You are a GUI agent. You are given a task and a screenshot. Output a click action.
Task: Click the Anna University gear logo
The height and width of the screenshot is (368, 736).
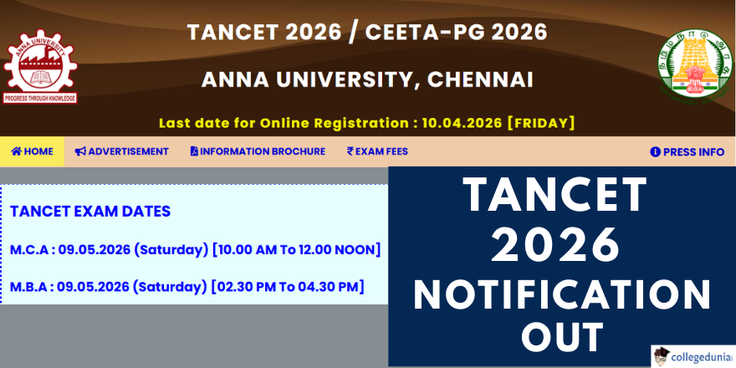pyautogui.click(x=40, y=67)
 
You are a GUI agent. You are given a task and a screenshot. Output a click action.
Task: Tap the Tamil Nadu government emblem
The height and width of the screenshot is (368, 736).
pyautogui.click(x=695, y=64)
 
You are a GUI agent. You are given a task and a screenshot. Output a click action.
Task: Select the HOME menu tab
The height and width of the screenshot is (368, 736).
pyautogui.click(x=32, y=151)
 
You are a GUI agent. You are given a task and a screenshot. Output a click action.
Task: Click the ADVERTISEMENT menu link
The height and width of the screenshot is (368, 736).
pyautogui.click(x=121, y=151)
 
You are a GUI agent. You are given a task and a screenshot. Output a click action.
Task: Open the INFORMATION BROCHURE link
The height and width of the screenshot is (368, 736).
pyautogui.click(x=258, y=151)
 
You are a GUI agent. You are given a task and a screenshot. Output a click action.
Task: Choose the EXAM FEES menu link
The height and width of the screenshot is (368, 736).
pyautogui.click(x=377, y=151)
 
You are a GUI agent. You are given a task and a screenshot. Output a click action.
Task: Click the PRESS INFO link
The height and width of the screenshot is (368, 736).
pyautogui.click(x=687, y=152)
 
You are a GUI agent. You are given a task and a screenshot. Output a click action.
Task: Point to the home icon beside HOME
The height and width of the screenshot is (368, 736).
pyautogui.click(x=17, y=151)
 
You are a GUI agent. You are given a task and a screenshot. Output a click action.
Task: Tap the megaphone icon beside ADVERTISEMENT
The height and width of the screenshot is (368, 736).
pyautogui.click(x=80, y=151)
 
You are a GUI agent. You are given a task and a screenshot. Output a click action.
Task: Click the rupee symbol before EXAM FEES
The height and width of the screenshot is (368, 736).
pyautogui.click(x=350, y=151)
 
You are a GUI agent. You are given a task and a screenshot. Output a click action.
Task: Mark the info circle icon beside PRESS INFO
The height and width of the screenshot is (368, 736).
pyautogui.click(x=655, y=152)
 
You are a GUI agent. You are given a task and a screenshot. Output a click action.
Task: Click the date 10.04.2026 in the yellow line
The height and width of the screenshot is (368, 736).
pyautogui.click(x=463, y=124)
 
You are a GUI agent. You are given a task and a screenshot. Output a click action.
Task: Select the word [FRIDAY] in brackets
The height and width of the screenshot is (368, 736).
pyautogui.click(x=542, y=124)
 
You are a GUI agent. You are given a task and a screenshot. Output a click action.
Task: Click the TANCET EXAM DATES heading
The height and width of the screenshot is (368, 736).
pyautogui.click(x=90, y=212)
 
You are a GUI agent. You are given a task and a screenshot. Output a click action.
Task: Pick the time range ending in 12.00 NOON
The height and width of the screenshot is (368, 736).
pyautogui.click(x=296, y=250)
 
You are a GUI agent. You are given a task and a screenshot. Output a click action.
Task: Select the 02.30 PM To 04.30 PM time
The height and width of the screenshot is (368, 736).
pyautogui.click(x=288, y=286)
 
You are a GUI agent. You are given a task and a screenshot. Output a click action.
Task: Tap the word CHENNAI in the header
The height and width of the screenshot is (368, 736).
pyautogui.click(x=480, y=79)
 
